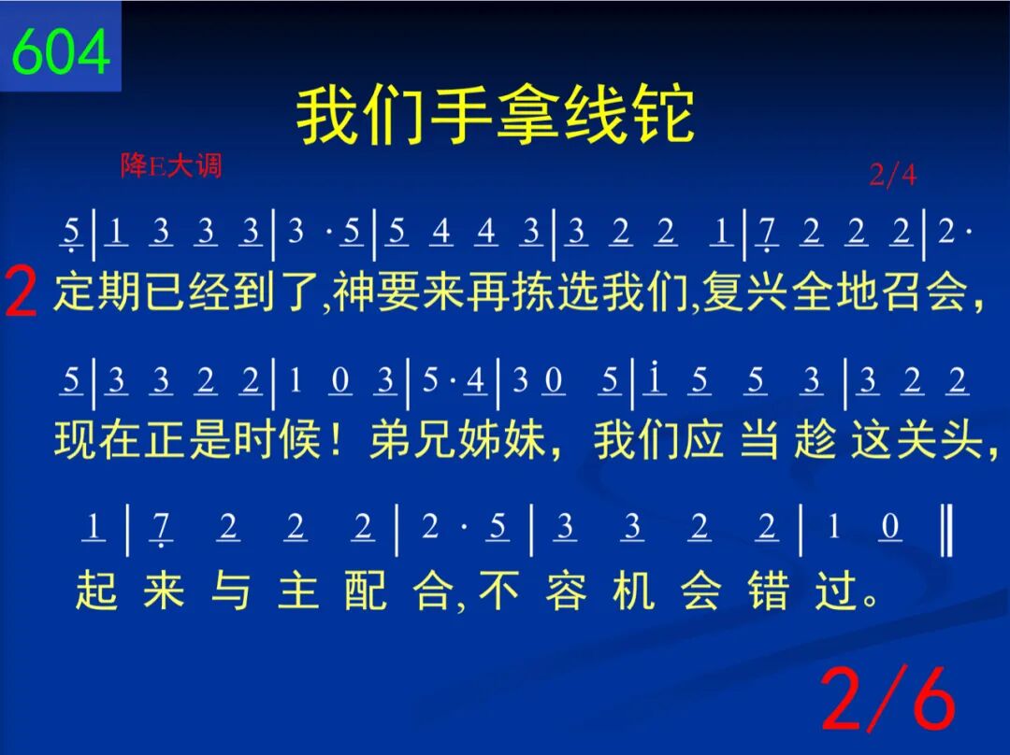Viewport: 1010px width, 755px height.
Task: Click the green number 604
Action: (x=61, y=50)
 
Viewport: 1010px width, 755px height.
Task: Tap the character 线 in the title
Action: (x=596, y=117)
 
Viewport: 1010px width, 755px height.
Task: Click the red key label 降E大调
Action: (x=171, y=165)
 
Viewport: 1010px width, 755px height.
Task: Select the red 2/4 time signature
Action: (x=893, y=174)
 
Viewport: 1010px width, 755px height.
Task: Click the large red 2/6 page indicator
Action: (x=889, y=699)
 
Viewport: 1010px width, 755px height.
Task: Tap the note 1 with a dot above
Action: (x=655, y=377)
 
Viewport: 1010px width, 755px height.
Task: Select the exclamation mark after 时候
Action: (x=335, y=440)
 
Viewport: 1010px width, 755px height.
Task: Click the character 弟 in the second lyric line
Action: (x=390, y=440)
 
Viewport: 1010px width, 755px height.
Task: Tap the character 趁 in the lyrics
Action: (x=815, y=440)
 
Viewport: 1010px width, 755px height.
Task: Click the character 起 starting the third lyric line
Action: (x=96, y=590)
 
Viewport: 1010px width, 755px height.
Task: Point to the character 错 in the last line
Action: (x=769, y=590)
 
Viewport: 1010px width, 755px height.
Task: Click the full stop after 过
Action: (x=871, y=600)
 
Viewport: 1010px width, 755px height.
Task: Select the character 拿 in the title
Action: (x=528, y=117)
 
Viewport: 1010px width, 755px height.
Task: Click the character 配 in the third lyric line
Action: (x=366, y=590)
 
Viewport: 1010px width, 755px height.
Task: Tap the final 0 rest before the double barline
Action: (x=890, y=526)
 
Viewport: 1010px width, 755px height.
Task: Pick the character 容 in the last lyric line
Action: (x=566, y=590)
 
